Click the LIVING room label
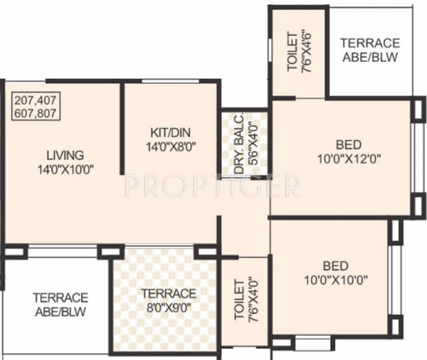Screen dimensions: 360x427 click(x=65, y=154)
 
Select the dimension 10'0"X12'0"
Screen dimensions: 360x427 click(x=348, y=157)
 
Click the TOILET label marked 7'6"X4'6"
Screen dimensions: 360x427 click(x=292, y=52)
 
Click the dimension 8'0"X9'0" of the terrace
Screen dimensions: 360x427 click(x=167, y=307)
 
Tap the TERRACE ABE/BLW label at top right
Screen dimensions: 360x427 click(x=369, y=50)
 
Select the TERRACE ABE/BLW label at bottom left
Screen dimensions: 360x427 click(x=60, y=304)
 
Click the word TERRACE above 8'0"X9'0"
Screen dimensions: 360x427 click(x=167, y=294)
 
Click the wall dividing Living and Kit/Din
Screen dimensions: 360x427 click(x=122, y=128)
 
